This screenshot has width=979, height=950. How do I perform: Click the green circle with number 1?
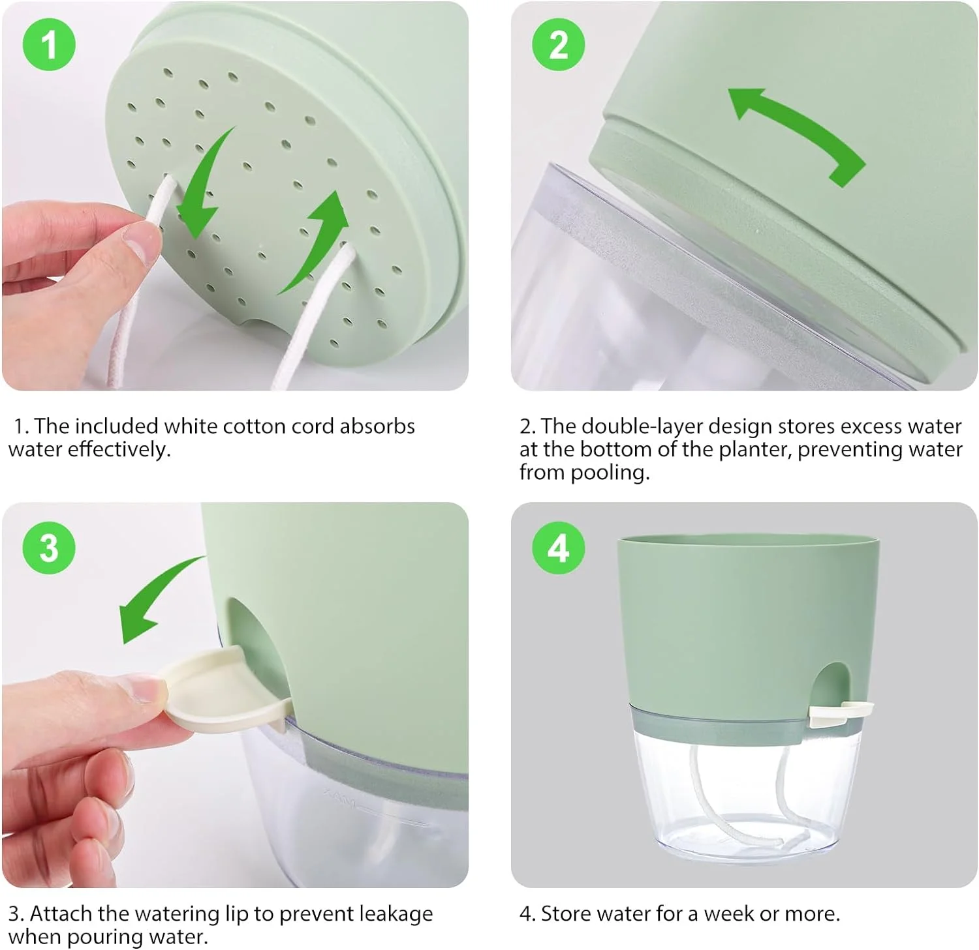coord(49,45)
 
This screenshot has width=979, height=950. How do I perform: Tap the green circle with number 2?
coord(558,45)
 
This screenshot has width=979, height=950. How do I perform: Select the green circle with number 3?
coord(49,548)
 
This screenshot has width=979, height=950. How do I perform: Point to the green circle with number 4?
coord(558,548)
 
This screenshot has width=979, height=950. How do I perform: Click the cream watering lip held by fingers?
coord(222,688)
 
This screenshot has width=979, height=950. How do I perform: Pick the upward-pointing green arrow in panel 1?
coord(317,241)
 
